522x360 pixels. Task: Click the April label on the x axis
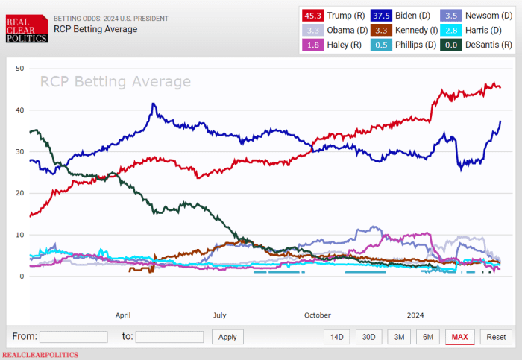point(123,315)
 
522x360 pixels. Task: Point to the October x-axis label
point(318,315)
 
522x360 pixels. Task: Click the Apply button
point(228,337)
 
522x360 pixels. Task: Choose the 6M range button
point(428,337)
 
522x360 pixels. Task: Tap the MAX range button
point(460,337)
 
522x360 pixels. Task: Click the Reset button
point(496,337)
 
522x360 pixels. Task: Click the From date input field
point(73,337)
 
